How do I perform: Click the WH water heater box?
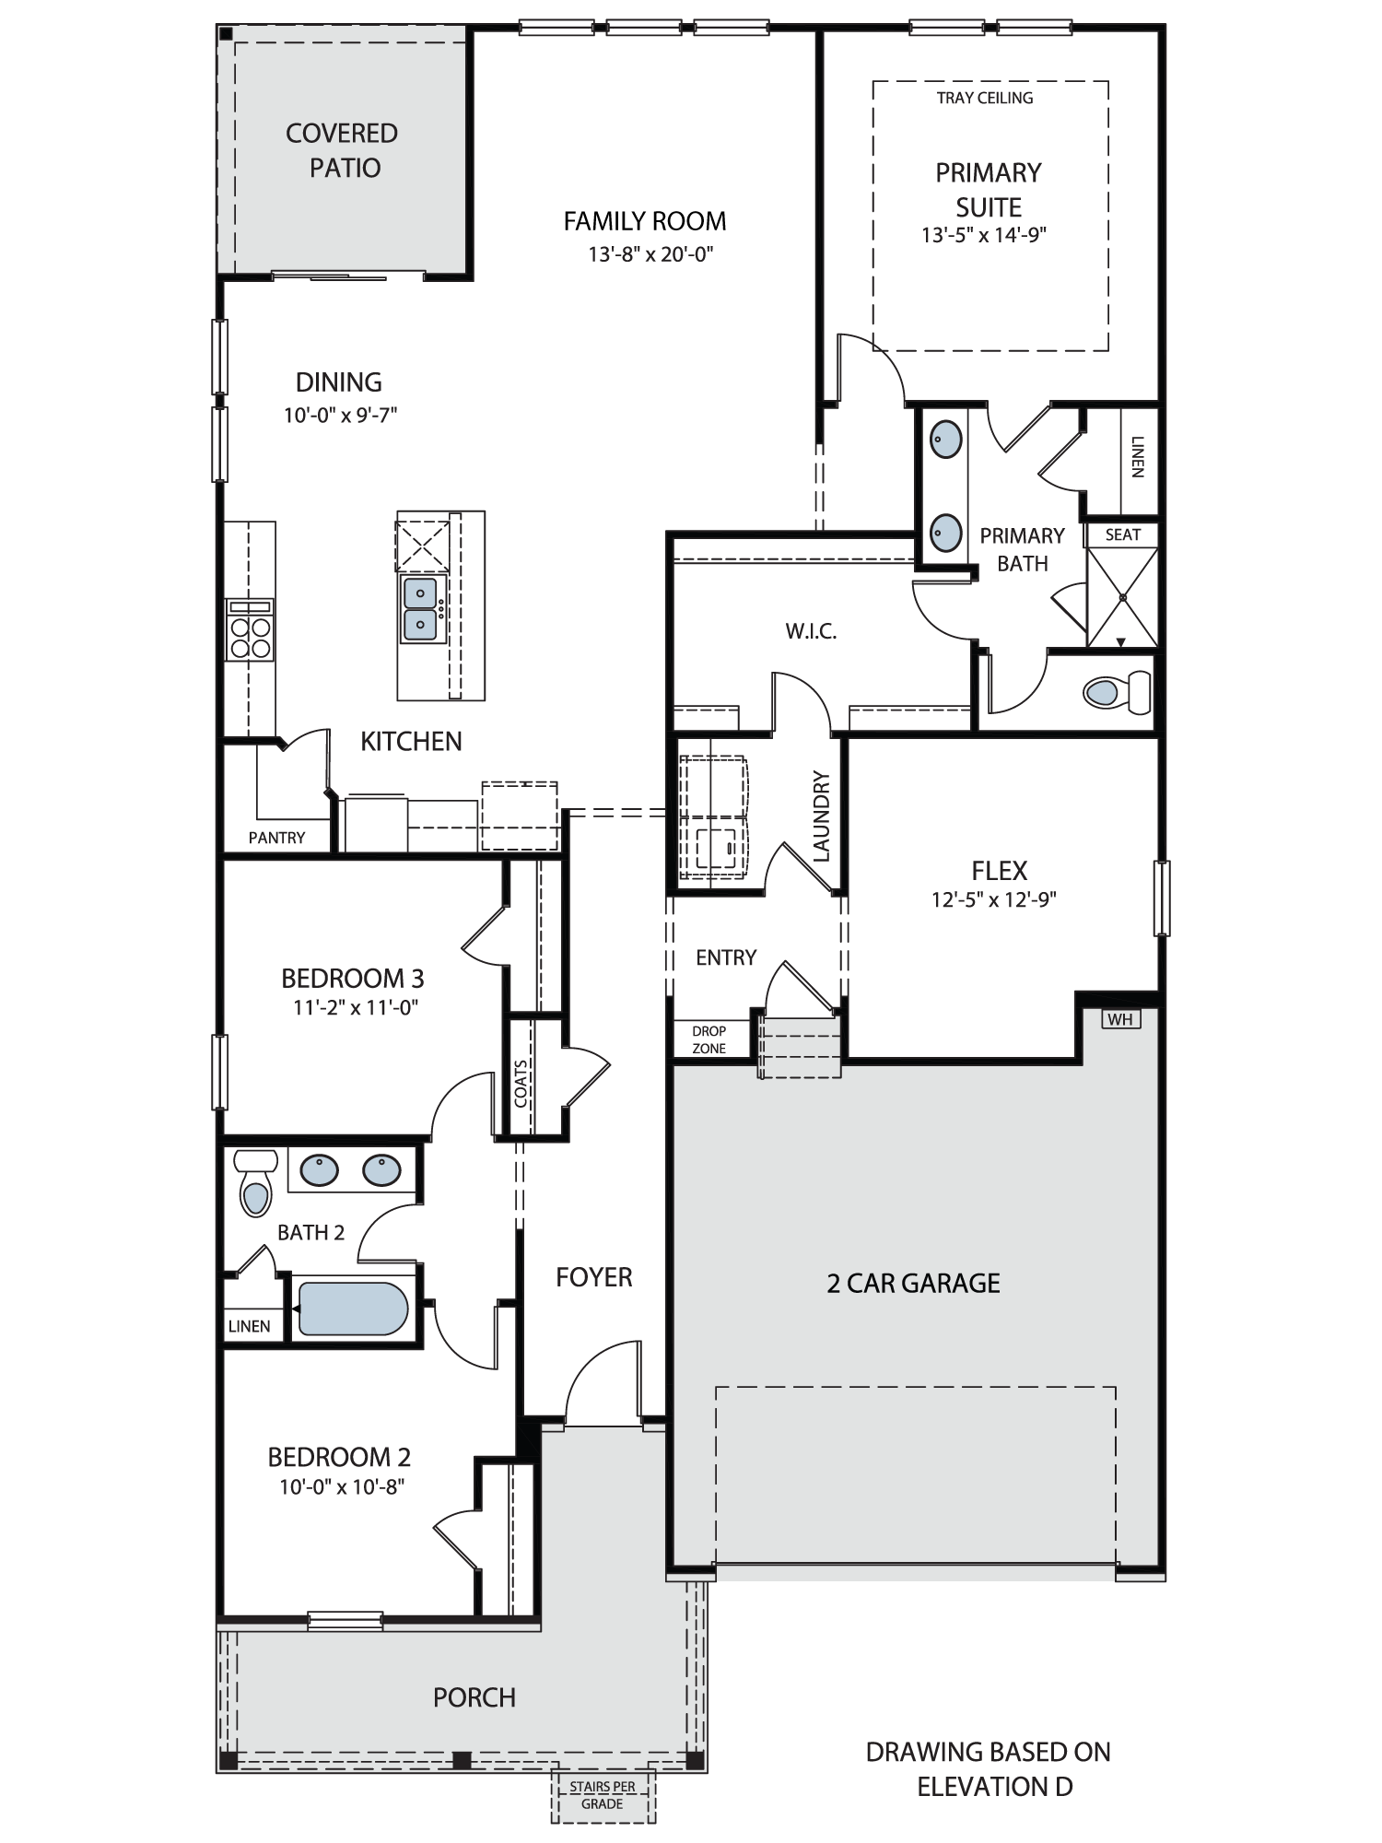(1120, 1019)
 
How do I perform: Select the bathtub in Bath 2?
(353, 1309)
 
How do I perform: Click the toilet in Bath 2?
(256, 1182)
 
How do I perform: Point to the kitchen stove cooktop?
(250, 630)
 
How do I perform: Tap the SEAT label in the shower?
(1122, 534)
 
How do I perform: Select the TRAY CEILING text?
(985, 98)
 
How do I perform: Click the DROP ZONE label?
(709, 1039)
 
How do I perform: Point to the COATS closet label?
(521, 1084)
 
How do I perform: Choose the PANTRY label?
(276, 838)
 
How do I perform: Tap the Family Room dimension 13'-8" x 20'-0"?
(651, 254)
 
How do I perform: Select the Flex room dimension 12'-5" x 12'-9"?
(994, 899)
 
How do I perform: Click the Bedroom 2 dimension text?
(343, 1486)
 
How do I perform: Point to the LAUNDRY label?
(822, 816)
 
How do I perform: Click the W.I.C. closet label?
(811, 631)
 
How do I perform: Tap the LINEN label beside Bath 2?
(249, 1326)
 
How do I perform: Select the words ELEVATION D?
(995, 1787)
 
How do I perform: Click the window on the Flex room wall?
(1162, 898)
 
